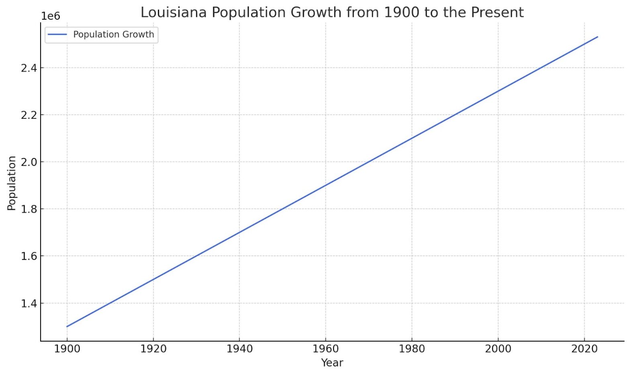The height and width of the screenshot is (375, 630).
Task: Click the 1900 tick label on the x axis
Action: (x=67, y=349)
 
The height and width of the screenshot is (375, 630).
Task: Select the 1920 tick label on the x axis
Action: (x=153, y=349)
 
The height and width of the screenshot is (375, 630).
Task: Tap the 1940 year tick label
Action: (x=239, y=349)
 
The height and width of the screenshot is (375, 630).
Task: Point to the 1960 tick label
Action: (x=325, y=349)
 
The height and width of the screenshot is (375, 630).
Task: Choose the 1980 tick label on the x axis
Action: (x=412, y=349)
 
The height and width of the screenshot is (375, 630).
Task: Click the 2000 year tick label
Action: (x=498, y=349)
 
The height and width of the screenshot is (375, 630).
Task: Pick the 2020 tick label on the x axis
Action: (x=584, y=349)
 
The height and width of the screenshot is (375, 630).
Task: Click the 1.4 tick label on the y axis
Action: (x=29, y=303)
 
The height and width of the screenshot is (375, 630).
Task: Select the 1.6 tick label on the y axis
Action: (x=29, y=256)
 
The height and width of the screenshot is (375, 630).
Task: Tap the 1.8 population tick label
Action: (x=29, y=209)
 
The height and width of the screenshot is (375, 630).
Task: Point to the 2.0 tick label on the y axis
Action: (x=29, y=162)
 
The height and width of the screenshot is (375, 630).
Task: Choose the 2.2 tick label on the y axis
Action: (x=29, y=115)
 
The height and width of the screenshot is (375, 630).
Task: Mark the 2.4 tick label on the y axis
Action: (x=29, y=68)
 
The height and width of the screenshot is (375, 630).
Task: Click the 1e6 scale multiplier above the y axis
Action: (x=51, y=16)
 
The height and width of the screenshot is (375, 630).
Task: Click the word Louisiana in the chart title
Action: (x=174, y=12)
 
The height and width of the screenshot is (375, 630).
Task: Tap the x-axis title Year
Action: (x=332, y=363)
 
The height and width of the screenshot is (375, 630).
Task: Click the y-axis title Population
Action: (x=11, y=183)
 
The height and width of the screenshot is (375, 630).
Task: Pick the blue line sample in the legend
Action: (x=57, y=34)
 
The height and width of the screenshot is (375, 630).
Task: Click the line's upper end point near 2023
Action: (x=597, y=37)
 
